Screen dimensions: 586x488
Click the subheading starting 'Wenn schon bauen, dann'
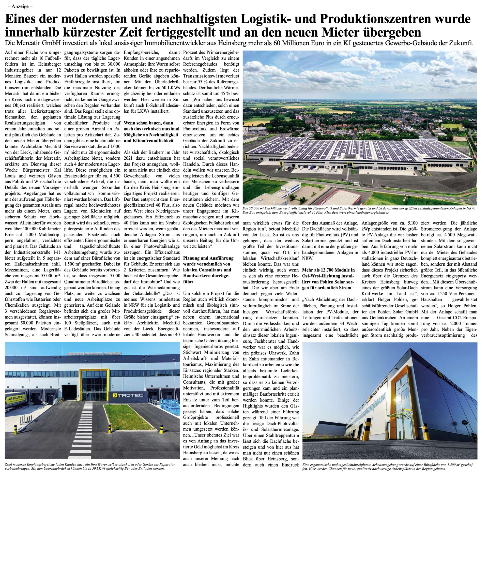point(148,123)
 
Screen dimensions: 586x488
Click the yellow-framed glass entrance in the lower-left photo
point(94,382)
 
